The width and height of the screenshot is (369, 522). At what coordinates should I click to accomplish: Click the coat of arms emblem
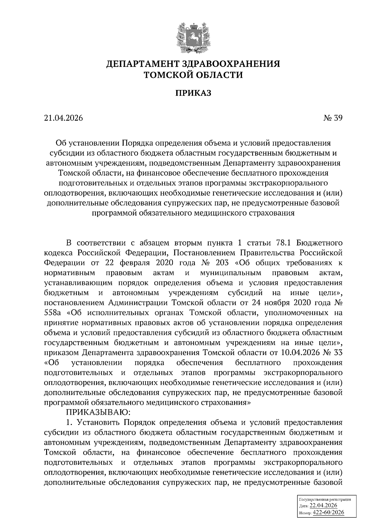click(x=193, y=36)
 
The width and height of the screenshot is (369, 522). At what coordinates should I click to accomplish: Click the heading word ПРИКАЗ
click(x=193, y=93)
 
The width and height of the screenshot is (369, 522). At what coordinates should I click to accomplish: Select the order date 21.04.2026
click(x=64, y=118)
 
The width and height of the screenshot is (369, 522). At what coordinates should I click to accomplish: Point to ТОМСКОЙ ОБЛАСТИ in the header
click(x=193, y=75)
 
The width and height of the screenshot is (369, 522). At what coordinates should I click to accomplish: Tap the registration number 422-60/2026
click(x=328, y=512)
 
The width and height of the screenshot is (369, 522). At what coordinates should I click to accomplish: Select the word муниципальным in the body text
click(x=230, y=273)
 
